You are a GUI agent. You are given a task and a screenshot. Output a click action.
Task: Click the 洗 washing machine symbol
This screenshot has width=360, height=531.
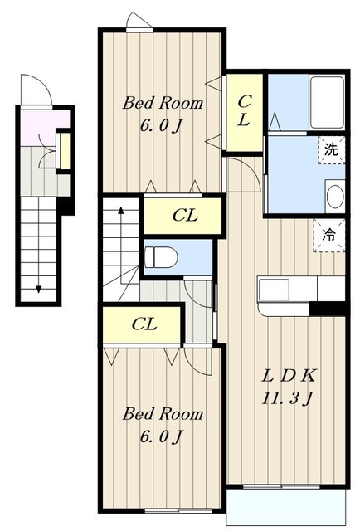(331, 150)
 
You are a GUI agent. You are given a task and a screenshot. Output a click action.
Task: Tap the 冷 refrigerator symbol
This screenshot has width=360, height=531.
(329, 235)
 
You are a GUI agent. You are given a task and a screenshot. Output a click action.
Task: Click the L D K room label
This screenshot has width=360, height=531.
(286, 375)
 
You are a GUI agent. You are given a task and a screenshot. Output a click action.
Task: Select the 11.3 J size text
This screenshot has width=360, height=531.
(286, 398)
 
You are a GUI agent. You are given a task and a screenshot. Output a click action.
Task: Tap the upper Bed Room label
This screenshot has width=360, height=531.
(163, 104)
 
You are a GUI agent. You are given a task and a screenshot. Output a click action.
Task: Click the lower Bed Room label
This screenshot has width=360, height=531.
(163, 413)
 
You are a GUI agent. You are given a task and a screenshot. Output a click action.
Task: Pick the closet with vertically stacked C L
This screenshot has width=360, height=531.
(244, 112)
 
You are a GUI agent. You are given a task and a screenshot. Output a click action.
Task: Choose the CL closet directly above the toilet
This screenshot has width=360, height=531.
(183, 216)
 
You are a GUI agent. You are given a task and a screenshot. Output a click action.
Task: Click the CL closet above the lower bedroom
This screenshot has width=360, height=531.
(144, 324)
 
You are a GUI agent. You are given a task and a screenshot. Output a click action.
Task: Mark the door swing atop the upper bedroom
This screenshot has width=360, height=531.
(139, 21)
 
